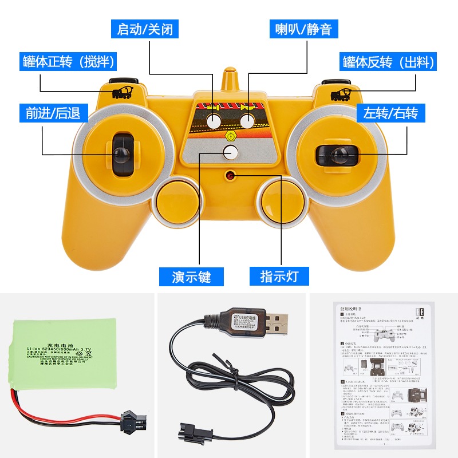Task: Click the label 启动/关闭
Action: (144, 29)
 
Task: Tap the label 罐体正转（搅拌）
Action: (69, 61)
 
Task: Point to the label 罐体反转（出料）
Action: (389, 61)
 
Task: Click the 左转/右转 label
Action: (391, 112)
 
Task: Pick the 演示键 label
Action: (192, 277)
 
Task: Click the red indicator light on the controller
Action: (231, 175)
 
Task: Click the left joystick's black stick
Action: (121, 153)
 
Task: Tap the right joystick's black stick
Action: (338, 153)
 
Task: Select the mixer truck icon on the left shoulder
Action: (121, 93)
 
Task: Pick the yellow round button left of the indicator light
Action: (177, 202)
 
